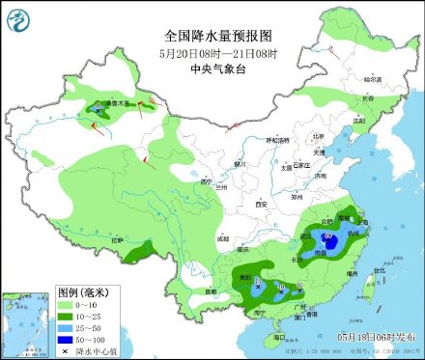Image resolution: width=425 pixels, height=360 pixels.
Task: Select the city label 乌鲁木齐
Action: click(117, 102)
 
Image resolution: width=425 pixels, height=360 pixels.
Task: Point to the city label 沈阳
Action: click(360, 121)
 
